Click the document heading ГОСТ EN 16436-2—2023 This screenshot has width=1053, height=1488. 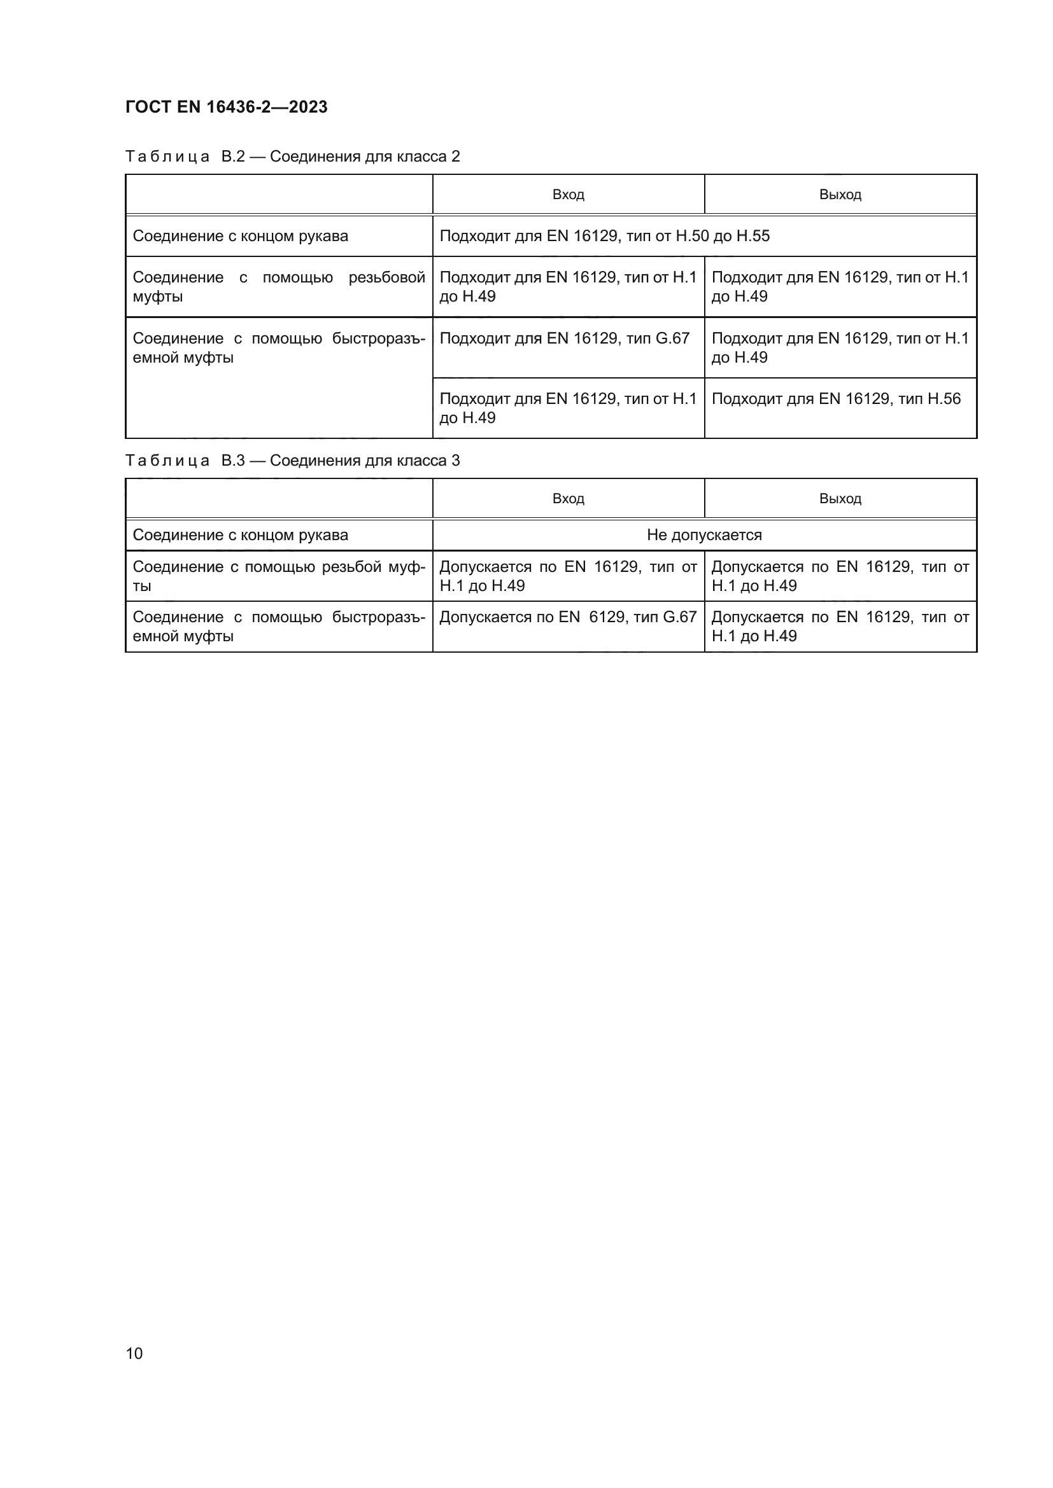(226, 107)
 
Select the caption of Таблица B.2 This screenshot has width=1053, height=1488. (292, 156)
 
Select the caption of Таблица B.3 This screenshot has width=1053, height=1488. (292, 460)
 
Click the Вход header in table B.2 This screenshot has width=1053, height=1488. (568, 195)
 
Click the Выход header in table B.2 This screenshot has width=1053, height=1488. (840, 195)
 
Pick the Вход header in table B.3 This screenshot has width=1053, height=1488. (568, 498)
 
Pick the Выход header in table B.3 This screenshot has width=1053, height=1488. (840, 498)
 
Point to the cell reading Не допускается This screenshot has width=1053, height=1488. (704, 534)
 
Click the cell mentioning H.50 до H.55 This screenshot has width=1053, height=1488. (604, 236)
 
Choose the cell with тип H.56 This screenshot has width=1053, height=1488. (836, 399)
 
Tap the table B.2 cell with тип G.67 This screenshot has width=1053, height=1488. (564, 338)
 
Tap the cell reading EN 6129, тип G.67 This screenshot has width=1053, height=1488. (567, 617)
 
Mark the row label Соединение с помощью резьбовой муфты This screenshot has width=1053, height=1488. (279, 286)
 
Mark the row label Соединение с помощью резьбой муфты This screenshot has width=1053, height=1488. (279, 576)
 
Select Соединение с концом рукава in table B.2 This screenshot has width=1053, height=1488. (241, 236)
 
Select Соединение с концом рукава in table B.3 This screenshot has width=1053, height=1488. (241, 534)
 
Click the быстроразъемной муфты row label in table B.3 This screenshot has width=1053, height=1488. (279, 626)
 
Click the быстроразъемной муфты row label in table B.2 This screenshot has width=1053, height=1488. (279, 348)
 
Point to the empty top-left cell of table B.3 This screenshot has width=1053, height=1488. (279, 498)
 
